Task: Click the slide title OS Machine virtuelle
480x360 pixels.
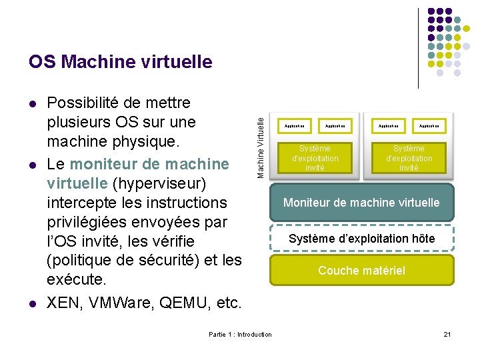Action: pos(120,62)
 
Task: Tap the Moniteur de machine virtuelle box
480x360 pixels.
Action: pos(361,202)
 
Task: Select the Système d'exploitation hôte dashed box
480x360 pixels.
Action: pos(361,238)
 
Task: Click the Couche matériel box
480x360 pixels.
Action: pos(361,270)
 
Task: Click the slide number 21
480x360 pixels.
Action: pos(447,334)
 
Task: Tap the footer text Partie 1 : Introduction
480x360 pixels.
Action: pos(240,334)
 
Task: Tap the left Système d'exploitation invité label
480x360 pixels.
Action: pos(315,158)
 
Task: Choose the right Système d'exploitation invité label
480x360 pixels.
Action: pos(409,158)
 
